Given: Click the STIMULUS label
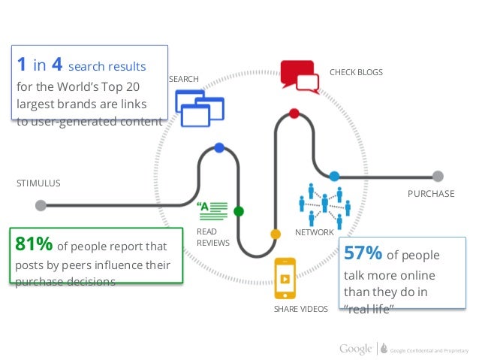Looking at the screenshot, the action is (x=38, y=183).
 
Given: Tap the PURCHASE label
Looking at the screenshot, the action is (x=430, y=193).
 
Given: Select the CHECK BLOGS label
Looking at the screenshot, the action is (x=356, y=72).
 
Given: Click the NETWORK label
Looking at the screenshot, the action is (x=314, y=232).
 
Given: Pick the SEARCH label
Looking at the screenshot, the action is (x=183, y=79).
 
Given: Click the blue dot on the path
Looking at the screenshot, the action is (x=218, y=147).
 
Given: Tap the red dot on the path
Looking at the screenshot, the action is (x=294, y=113).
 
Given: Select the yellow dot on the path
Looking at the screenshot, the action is (x=276, y=234).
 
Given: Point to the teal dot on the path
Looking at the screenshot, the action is (x=334, y=177).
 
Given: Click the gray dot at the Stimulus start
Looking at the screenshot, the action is (x=41, y=204).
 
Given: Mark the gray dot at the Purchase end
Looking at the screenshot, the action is (x=438, y=177).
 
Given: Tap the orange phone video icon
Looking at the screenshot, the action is (x=285, y=279).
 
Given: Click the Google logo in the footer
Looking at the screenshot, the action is (x=355, y=348).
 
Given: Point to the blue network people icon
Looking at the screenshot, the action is (x=324, y=204).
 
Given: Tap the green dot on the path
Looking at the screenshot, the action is (x=239, y=211).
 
